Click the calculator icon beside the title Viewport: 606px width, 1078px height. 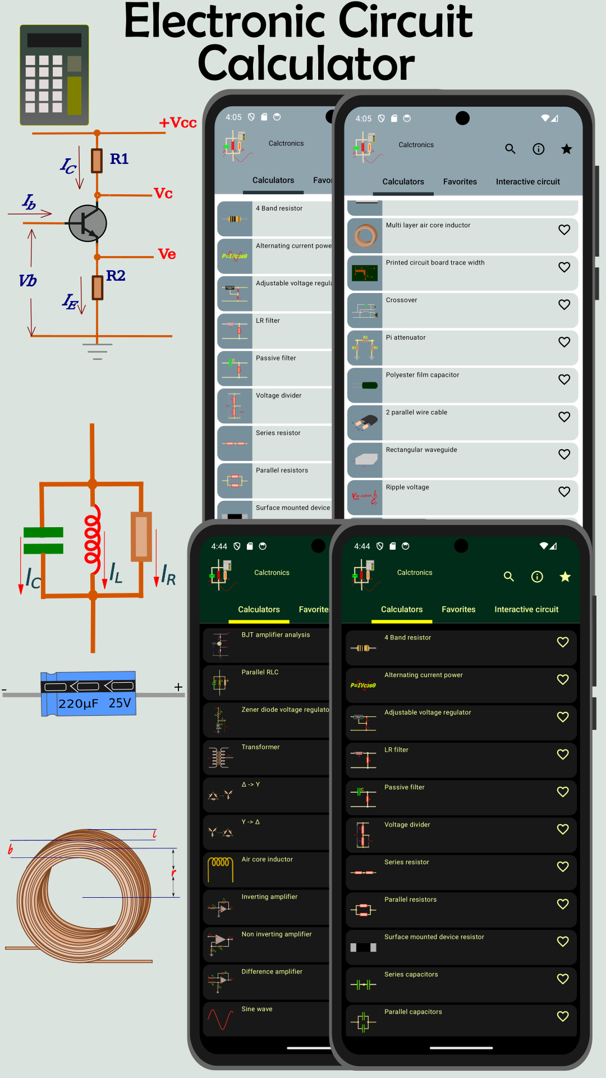[x=54, y=75]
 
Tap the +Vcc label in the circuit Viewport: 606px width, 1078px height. [x=178, y=123]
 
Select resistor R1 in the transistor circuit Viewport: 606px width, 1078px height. [x=97, y=160]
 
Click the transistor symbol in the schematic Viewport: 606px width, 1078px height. [x=88, y=223]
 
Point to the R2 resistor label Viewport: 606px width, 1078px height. [x=116, y=276]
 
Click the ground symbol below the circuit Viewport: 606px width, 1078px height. [x=97, y=351]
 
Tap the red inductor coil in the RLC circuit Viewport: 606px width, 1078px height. [x=93, y=533]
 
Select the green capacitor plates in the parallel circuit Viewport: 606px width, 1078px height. [x=43, y=540]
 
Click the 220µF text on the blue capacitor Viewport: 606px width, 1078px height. [x=79, y=704]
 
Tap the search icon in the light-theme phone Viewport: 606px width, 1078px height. [x=510, y=149]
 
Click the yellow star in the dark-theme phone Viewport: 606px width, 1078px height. [x=565, y=577]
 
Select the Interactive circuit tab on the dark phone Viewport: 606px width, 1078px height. [x=526, y=609]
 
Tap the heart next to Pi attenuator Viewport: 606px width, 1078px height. [x=564, y=342]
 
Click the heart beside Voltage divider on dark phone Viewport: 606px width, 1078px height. [x=563, y=829]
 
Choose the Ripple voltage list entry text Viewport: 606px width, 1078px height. [x=407, y=487]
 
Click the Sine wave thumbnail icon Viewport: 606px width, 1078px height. [x=220, y=1019]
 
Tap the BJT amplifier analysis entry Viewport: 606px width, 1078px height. [x=276, y=635]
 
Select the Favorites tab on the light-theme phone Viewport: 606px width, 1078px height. [x=460, y=182]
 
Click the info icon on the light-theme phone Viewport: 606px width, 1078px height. [x=538, y=149]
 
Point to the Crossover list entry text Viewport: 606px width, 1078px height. [x=401, y=300]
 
